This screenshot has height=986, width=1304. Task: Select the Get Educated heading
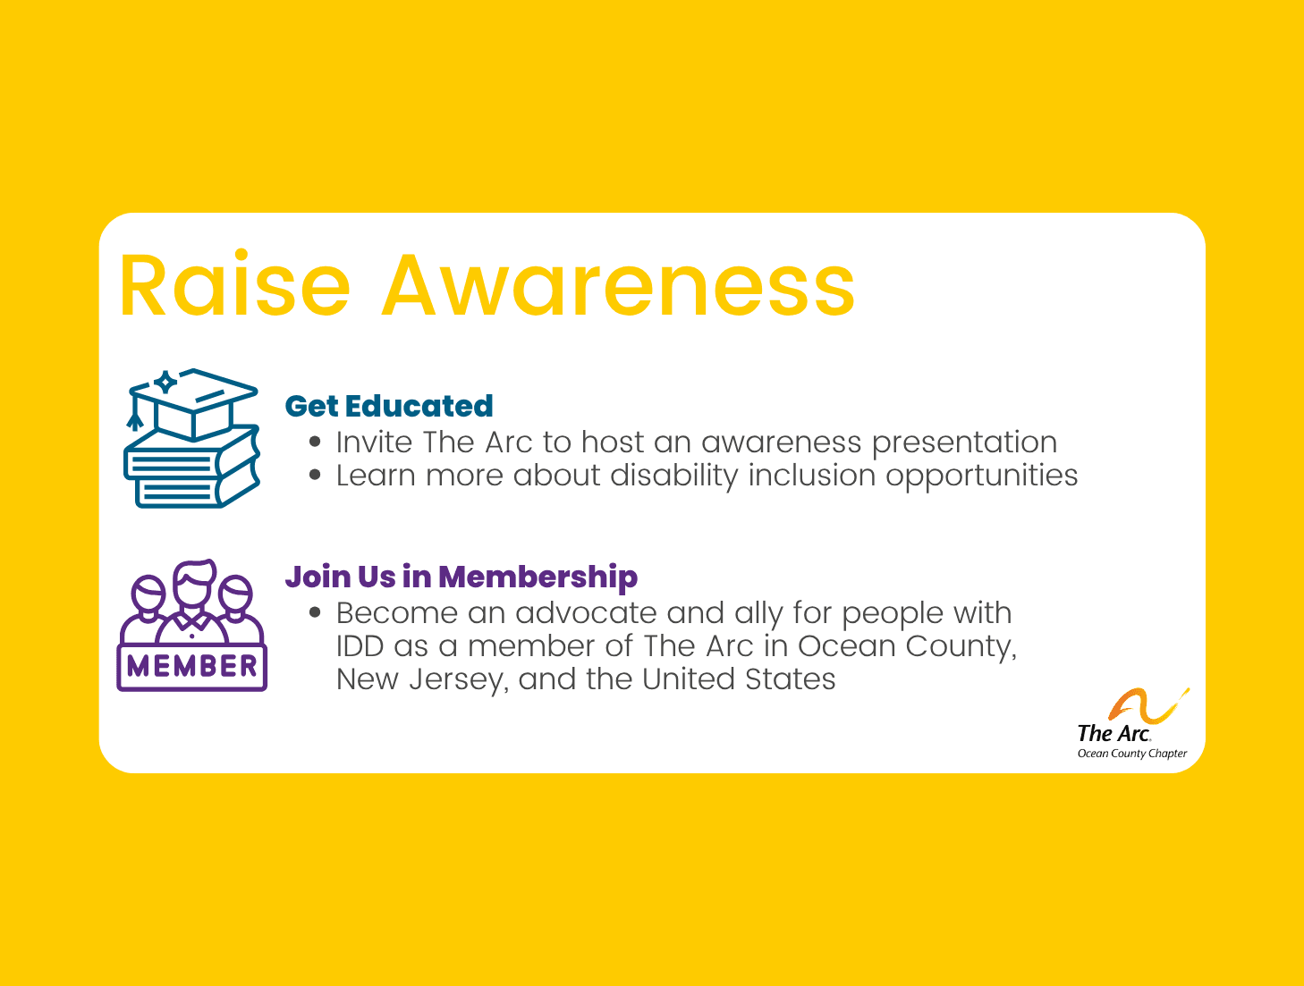388,406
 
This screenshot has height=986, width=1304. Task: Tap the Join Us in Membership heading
461,577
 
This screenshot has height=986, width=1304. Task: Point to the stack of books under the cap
191,469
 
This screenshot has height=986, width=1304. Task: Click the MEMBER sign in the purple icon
192,666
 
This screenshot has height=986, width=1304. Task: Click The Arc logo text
1113,733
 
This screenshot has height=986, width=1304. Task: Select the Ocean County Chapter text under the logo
1131,754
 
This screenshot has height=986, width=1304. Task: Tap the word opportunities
981,476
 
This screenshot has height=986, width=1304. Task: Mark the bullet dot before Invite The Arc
315,442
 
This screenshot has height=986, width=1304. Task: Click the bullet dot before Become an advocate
315,613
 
